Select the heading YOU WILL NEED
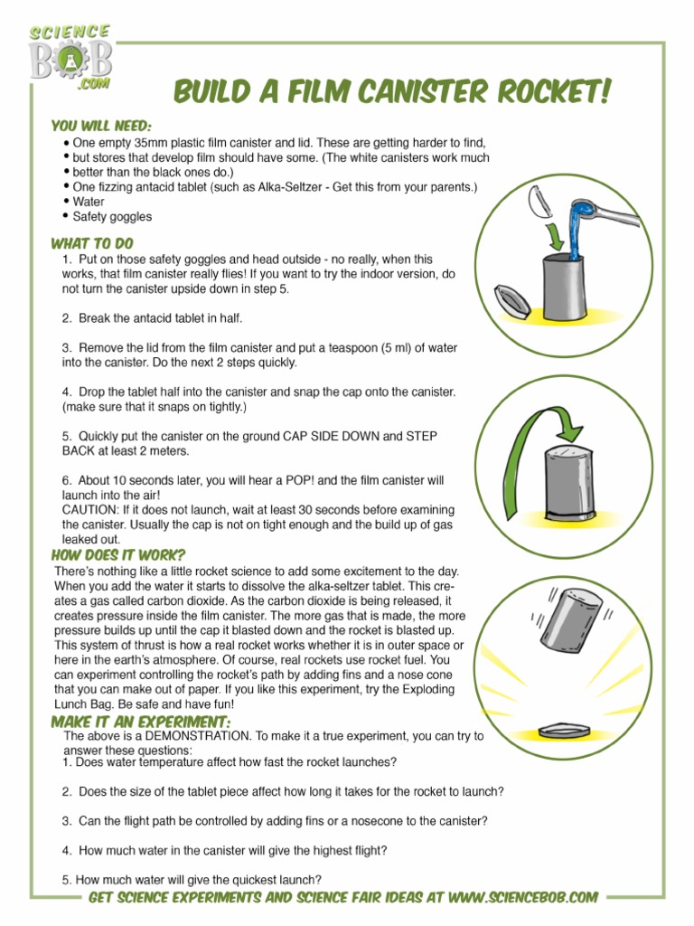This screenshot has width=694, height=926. tap(101, 125)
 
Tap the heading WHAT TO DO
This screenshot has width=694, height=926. tap(92, 243)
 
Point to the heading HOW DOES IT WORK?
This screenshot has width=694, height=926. tap(112, 555)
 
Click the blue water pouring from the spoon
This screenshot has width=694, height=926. tap(575, 222)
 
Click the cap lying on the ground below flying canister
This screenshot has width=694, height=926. tap(565, 729)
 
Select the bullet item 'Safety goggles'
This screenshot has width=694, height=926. tap(112, 217)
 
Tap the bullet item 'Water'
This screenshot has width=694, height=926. tap(89, 202)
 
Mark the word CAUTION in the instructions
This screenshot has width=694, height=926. tap(92, 510)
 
